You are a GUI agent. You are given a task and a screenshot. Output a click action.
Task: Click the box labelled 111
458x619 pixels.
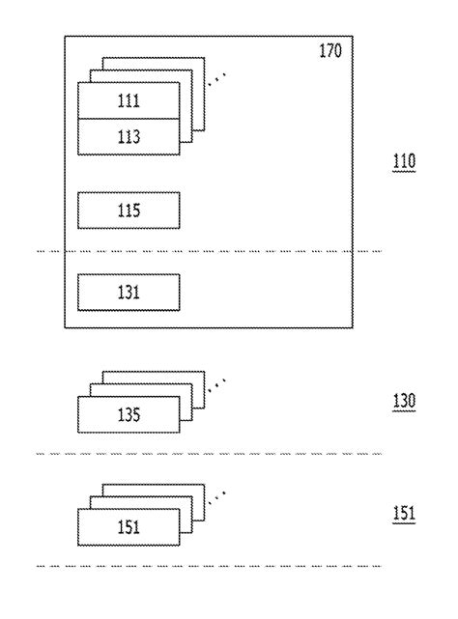tap(128, 100)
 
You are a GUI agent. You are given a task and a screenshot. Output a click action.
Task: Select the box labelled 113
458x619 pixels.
tap(128, 136)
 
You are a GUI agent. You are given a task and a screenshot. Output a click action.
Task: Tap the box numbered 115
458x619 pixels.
tap(128, 211)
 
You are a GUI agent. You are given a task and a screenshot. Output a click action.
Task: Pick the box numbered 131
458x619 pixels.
tap(128, 292)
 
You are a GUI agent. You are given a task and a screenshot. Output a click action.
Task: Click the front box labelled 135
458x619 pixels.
tap(128, 415)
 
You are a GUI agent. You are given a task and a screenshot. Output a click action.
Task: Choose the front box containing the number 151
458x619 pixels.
tap(128, 527)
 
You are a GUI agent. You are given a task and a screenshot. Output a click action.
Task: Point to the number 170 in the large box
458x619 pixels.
tap(330, 49)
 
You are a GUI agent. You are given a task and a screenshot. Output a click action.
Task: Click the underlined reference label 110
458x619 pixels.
tap(403, 162)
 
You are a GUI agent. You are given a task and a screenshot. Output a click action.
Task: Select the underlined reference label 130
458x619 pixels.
tap(403, 401)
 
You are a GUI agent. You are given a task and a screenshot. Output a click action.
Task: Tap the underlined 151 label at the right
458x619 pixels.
tap(403, 513)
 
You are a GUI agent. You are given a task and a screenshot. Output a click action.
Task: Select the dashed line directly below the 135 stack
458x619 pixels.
tap(208, 453)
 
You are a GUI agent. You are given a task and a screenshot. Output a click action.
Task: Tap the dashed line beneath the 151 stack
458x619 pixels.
tap(208, 565)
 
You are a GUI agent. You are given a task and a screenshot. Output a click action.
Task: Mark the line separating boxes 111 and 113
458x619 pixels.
tap(128, 119)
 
